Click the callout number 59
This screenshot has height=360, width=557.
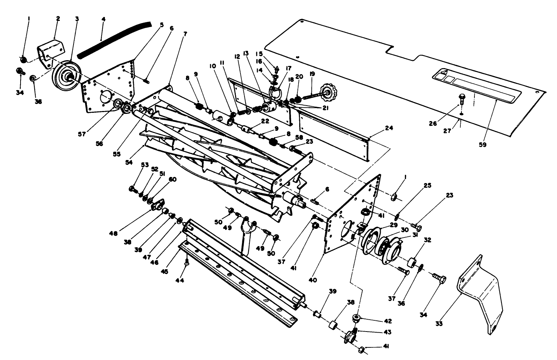[482, 145]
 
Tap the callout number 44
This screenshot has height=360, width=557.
[179, 280]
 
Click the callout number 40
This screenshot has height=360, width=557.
[313, 280]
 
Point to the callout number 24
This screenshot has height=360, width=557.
[389, 128]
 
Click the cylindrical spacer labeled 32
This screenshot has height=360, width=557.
[412, 262]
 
